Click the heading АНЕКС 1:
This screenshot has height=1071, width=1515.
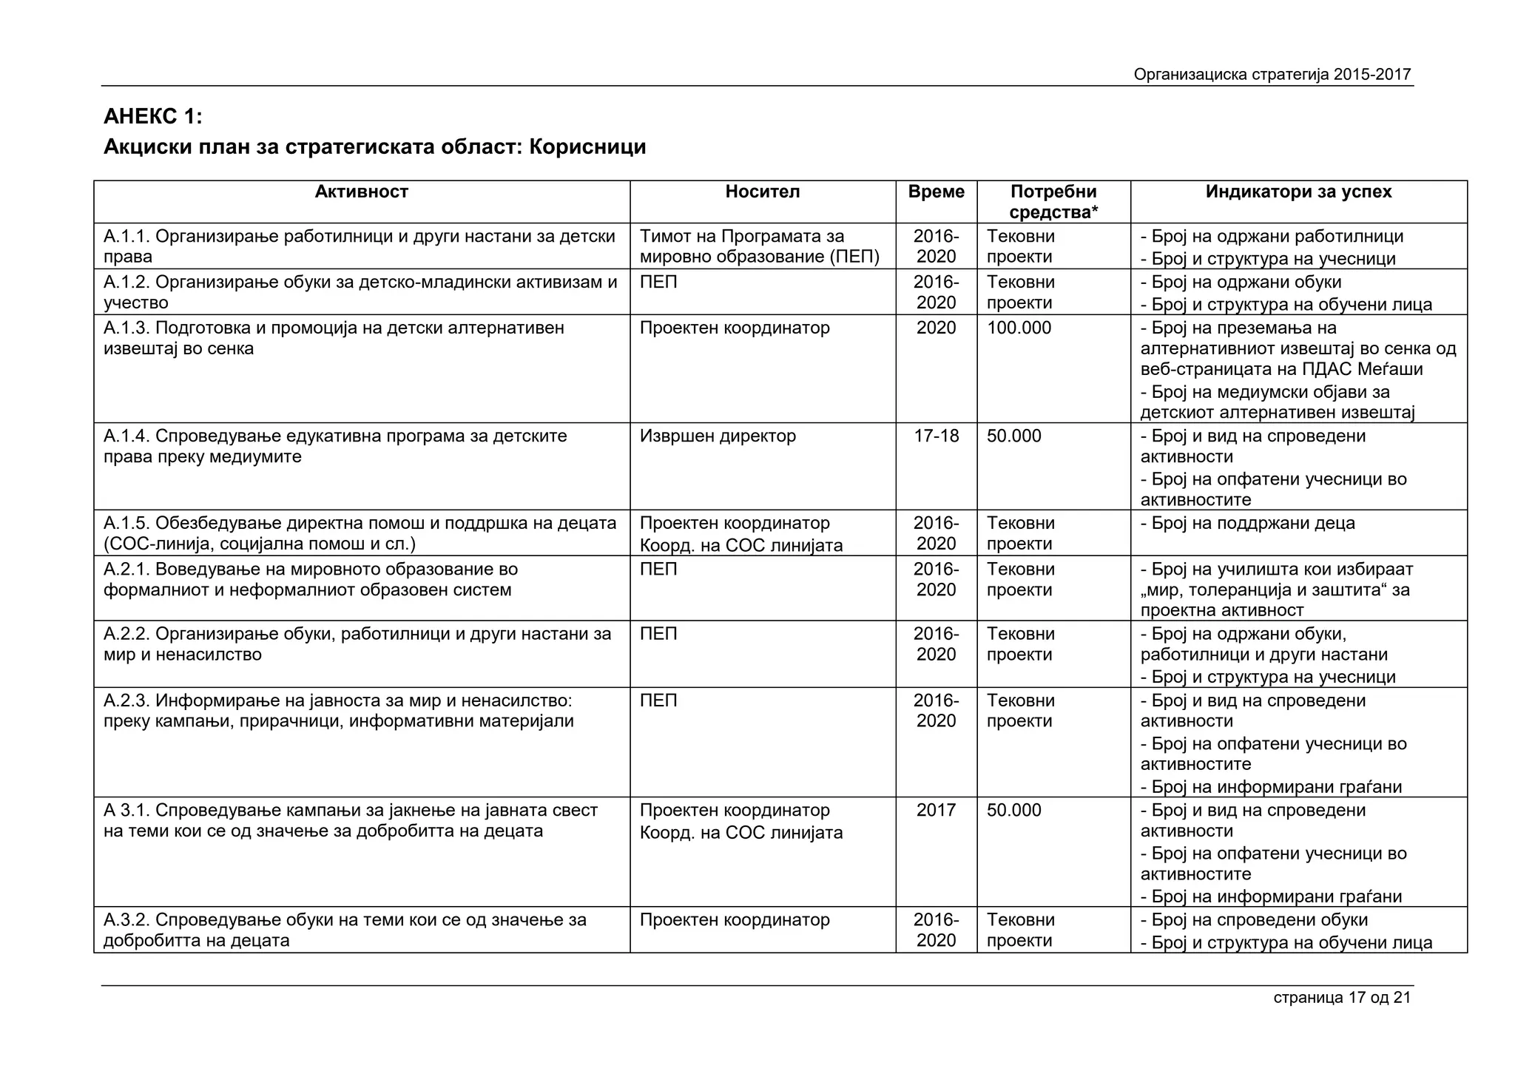tap(152, 117)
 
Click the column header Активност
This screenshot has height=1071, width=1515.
tap(361, 192)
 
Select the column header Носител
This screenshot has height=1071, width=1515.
tap(762, 192)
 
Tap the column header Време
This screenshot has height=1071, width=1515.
tap(936, 192)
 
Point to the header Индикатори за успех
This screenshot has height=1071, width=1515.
tap(1298, 192)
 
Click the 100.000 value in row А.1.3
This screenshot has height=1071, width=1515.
tap(1019, 328)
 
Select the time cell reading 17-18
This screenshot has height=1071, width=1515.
tap(936, 436)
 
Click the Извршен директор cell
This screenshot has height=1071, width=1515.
tap(718, 436)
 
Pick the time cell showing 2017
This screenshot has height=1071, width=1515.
tap(936, 811)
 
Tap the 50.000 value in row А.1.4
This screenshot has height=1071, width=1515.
tap(1013, 436)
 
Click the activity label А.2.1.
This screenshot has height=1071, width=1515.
tap(127, 570)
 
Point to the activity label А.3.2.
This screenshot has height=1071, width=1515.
tap(127, 920)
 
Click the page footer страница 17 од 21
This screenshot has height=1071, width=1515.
tap(1342, 998)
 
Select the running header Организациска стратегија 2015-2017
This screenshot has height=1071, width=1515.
tap(1272, 75)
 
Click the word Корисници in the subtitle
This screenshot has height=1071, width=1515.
tap(587, 147)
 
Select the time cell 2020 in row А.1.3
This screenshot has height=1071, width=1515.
tap(936, 328)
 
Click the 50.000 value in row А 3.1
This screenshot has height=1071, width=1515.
tap(1013, 811)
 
